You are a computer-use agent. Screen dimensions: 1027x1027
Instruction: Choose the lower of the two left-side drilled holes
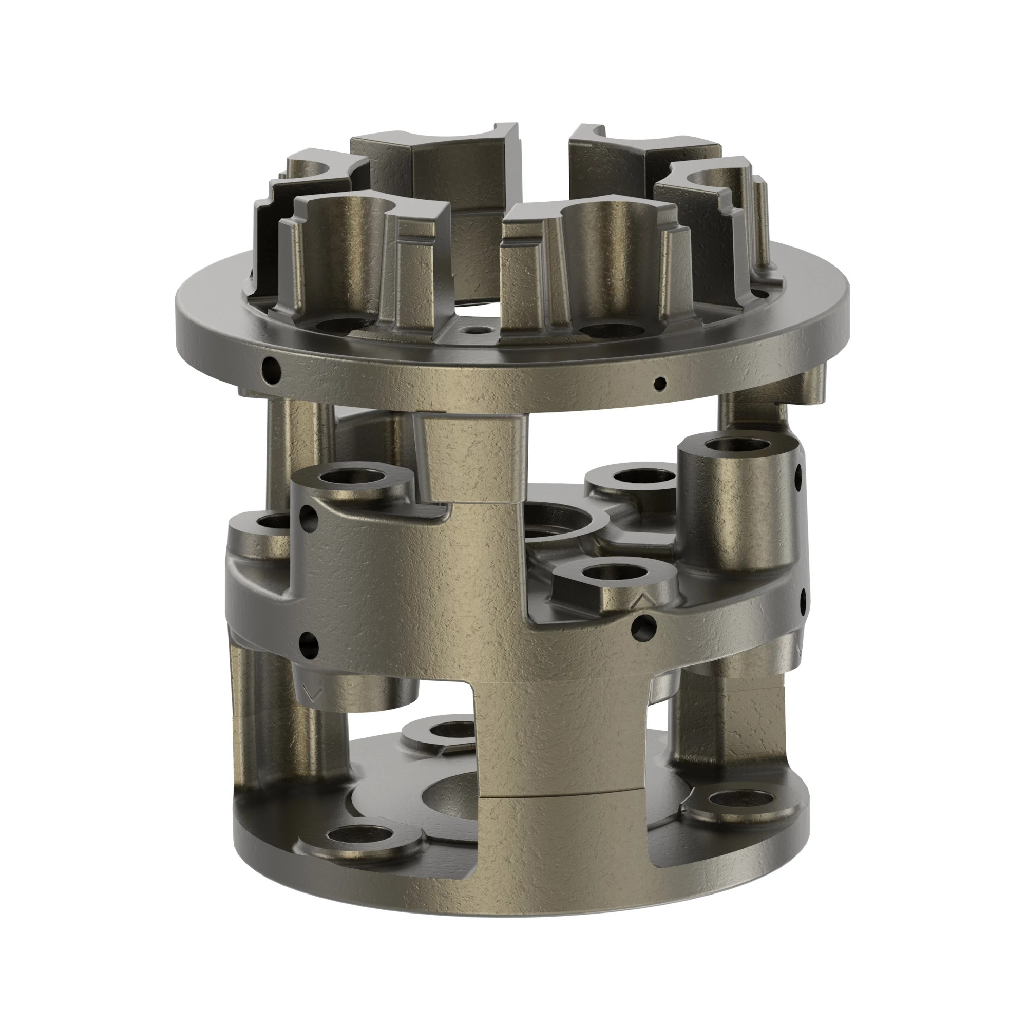point(309,645)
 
